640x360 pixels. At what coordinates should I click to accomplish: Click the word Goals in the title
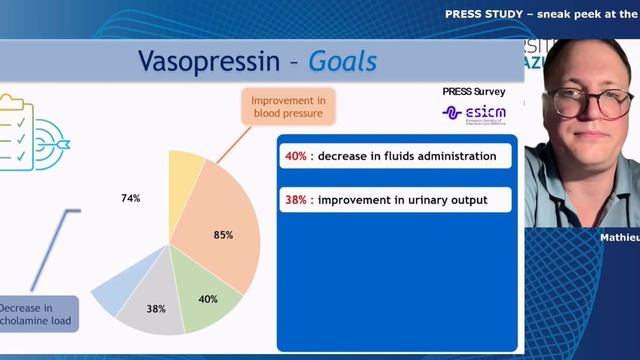[342, 62]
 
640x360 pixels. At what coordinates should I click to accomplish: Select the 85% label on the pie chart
[223, 235]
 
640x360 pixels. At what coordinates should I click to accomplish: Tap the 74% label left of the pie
[130, 198]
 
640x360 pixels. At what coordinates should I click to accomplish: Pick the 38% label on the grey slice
[156, 309]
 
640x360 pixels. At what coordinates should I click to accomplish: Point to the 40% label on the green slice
[207, 299]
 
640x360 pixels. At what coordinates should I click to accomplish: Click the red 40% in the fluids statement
[295, 156]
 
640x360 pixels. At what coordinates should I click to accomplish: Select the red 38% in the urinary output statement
[295, 199]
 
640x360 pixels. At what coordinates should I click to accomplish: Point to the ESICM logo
[474, 113]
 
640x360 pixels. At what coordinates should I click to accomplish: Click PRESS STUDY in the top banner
[485, 15]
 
